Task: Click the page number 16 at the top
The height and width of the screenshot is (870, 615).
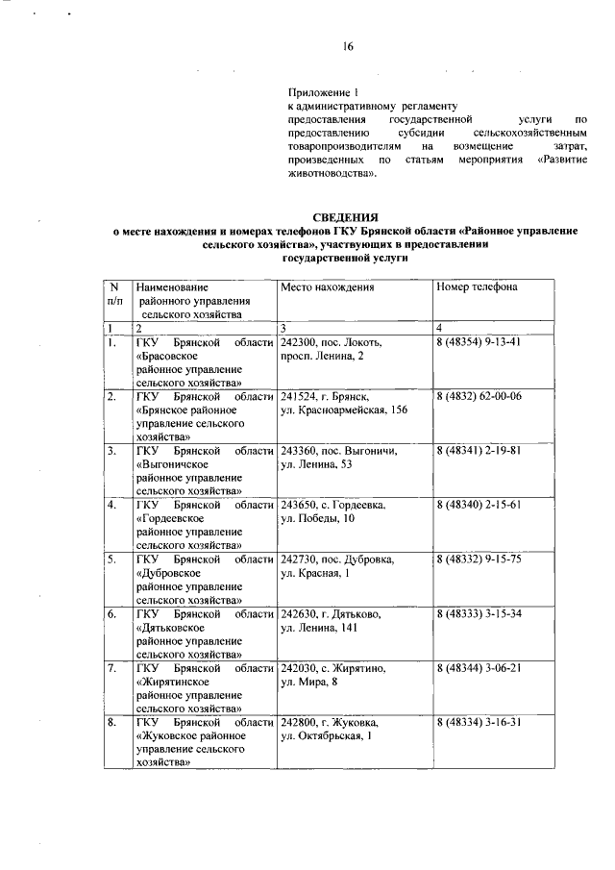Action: pos(349,46)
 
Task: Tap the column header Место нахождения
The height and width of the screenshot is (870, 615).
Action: pos(328,286)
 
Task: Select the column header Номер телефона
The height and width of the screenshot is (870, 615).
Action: pos(477,286)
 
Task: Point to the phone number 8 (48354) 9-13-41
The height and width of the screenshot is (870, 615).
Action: pos(478,341)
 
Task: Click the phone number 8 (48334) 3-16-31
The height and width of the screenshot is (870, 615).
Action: pos(478,721)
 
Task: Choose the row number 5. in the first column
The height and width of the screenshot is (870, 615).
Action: pos(112,559)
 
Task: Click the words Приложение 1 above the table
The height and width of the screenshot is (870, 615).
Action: pos(323,90)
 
